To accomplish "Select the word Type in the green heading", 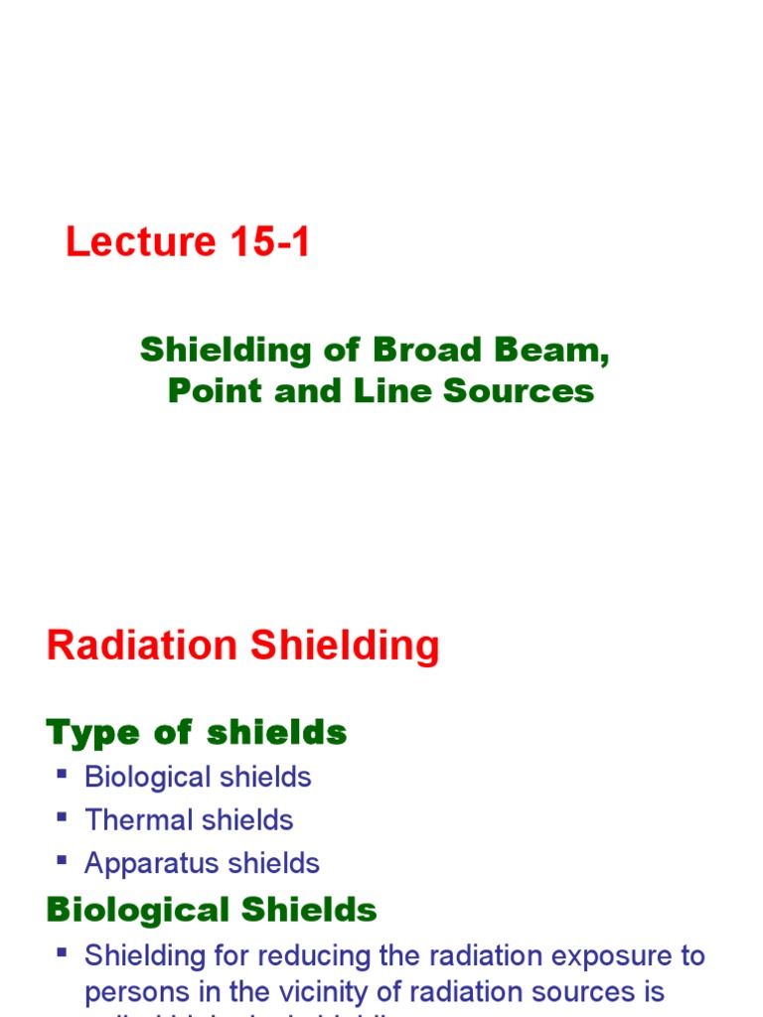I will point(92,734).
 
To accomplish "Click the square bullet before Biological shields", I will point(63,773).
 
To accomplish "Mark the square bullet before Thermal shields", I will point(63,816).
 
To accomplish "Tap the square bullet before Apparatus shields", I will point(63,859).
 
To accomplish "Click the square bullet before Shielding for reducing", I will point(63,952).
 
